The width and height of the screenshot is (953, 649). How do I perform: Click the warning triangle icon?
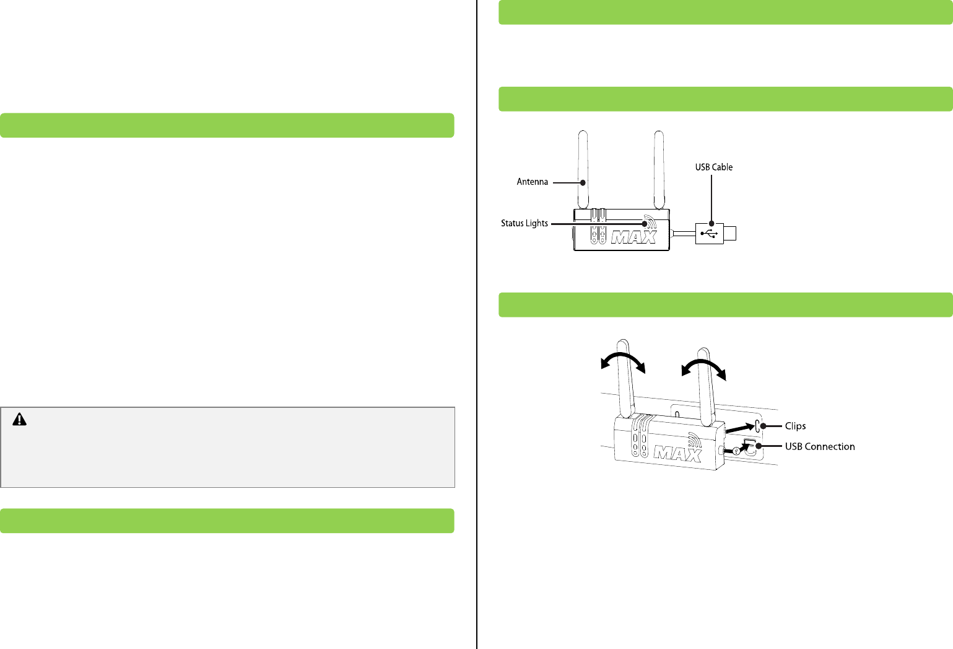point(20,420)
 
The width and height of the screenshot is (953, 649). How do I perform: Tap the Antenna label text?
point(533,182)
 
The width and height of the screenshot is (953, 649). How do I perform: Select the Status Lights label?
point(524,223)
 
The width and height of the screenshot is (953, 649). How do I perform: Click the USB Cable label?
point(713,167)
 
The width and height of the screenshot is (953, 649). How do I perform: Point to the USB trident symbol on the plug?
point(709,234)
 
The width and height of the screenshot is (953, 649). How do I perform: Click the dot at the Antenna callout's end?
point(582,182)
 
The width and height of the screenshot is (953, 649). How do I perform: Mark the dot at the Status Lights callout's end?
point(645,224)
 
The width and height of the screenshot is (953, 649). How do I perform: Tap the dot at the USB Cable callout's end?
point(711,223)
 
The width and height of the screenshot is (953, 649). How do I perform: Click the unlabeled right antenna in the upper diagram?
point(659,170)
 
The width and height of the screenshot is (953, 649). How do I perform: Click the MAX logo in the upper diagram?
point(633,237)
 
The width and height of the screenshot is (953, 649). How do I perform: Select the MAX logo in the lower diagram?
point(677,453)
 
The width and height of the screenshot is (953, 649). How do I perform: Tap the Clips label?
point(795,426)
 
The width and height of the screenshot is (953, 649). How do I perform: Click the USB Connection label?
point(820,446)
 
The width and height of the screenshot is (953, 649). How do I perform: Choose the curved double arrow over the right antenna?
point(703,368)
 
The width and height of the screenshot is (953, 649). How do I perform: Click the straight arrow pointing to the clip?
point(739,428)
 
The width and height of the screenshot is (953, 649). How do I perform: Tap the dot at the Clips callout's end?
point(764,426)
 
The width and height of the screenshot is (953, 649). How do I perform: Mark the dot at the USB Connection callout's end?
point(759,446)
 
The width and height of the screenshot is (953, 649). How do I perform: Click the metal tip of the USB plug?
point(730,234)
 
